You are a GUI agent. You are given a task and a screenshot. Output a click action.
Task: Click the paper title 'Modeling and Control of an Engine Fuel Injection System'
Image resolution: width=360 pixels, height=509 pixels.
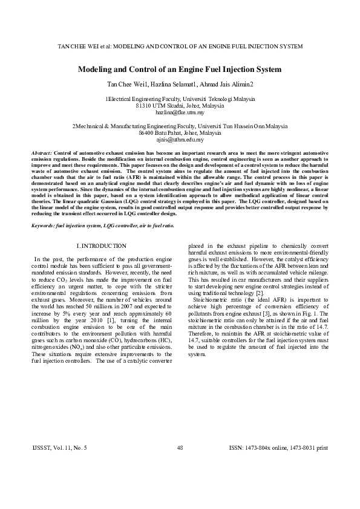coord(180,70)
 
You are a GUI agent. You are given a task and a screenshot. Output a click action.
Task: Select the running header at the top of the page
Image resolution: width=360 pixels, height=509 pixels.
coord(180,47)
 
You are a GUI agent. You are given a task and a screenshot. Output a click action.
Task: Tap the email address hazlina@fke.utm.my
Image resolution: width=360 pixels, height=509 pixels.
coord(180,112)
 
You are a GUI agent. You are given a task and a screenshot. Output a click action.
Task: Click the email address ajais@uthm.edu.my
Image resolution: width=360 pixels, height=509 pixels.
coord(180,140)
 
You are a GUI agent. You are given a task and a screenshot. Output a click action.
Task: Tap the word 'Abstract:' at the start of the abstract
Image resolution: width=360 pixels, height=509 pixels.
coord(42,154)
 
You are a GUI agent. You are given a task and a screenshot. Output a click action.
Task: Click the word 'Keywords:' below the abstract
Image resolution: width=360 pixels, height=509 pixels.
coord(44,225)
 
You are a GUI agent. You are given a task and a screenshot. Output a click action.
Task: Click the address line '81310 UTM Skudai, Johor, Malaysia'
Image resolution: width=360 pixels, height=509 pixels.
coord(180,106)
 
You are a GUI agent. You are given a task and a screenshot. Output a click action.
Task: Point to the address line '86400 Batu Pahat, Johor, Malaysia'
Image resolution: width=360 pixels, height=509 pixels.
coord(180,133)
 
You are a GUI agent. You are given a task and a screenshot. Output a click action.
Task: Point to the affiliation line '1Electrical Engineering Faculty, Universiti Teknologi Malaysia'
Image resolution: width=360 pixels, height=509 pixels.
coord(180,99)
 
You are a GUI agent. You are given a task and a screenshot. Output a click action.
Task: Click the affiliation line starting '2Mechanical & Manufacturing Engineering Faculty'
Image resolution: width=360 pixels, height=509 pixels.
coord(180,126)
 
